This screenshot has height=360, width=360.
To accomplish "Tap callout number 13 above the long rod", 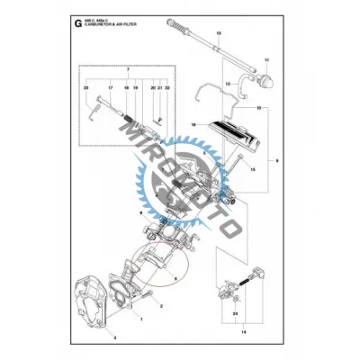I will point(218,32).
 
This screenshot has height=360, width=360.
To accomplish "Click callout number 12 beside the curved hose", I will point(229,84).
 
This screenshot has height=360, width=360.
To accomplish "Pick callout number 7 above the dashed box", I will point(129,69).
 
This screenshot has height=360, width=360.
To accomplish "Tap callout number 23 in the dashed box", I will point(86,88).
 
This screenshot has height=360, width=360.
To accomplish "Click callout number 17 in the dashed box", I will point(111,88).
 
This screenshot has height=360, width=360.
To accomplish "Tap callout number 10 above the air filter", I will point(259,107).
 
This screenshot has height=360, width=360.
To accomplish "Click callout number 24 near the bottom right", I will point(235,314).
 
